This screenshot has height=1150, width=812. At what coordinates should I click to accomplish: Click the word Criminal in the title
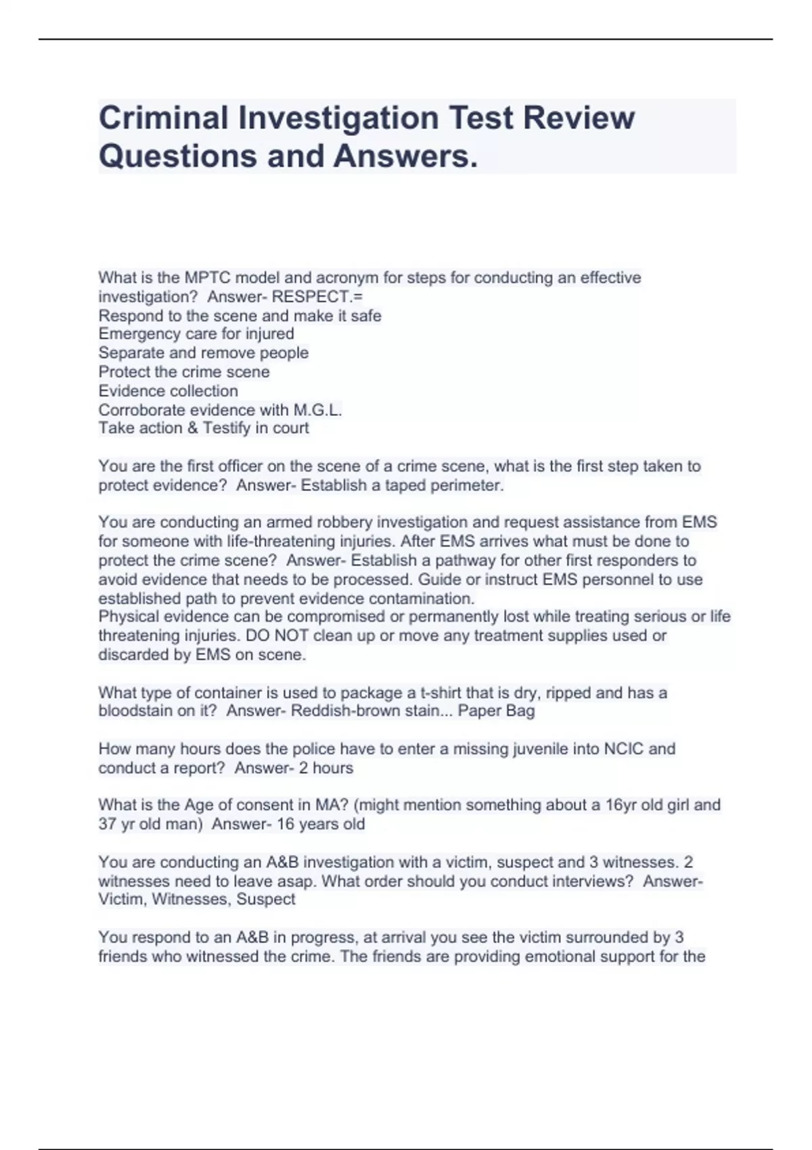[163, 118]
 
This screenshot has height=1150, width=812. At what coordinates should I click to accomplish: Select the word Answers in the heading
[405, 156]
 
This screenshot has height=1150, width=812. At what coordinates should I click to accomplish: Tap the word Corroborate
[141, 410]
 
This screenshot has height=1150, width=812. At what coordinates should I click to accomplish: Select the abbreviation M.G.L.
[317, 410]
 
